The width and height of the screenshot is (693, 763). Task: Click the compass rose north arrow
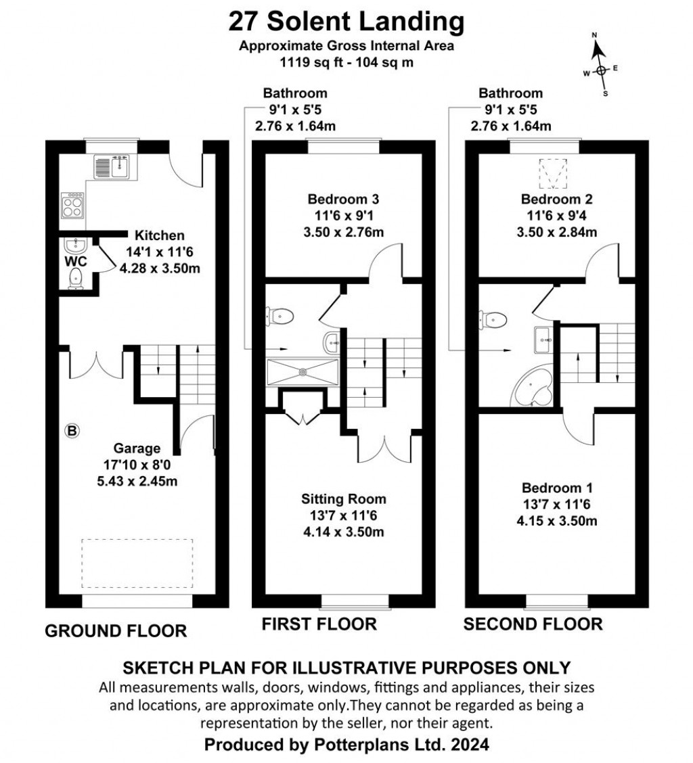click(x=598, y=51)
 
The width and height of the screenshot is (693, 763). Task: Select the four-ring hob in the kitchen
click(x=73, y=205)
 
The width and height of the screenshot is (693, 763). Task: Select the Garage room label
click(x=137, y=448)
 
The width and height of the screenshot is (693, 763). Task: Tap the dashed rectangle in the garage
click(x=137, y=563)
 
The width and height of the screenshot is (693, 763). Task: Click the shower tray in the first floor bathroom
click(x=303, y=371)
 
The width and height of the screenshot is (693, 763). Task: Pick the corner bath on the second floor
click(x=534, y=390)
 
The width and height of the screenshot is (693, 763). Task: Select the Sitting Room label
click(x=344, y=499)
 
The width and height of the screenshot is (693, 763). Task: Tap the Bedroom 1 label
click(x=552, y=488)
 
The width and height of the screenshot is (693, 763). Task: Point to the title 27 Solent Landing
click(x=346, y=22)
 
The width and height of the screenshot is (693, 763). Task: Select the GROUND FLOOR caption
click(x=115, y=631)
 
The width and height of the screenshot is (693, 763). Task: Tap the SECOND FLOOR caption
click(x=533, y=624)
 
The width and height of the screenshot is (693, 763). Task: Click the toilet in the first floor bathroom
click(x=281, y=315)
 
